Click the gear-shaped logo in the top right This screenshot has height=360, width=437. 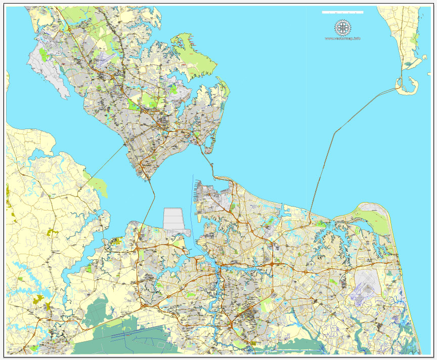[x=342, y=28]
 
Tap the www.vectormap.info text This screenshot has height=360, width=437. [x=342, y=38]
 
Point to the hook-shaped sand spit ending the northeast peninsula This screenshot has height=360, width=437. [x=407, y=87]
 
